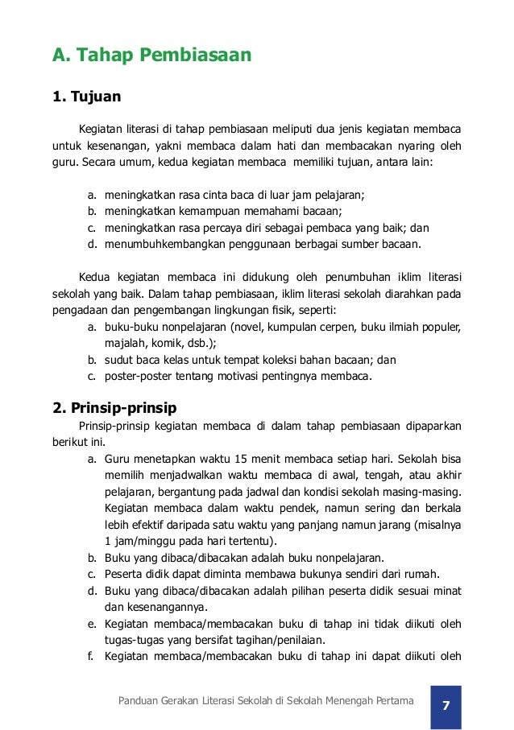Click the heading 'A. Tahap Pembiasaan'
click(152, 56)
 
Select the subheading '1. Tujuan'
click(86, 97)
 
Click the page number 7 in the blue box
click(446, 705)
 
